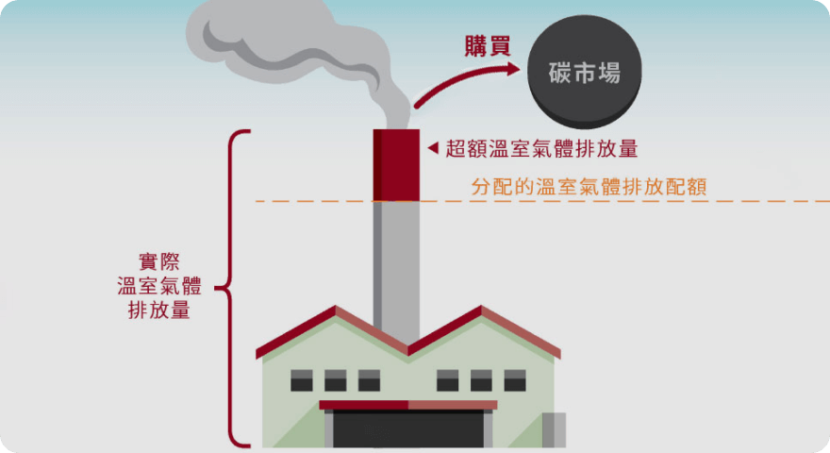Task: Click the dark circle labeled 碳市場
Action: pyautogui.click(x=585, y=72)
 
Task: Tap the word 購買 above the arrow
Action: pyautogui.click(x=488, y=45)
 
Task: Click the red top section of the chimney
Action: pyautogui.click(x=396, y=164)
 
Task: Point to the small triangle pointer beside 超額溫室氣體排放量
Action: pyautogui.click(x=433, y=148)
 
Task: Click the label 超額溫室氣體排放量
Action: pyautogui.click(x=541, y=148)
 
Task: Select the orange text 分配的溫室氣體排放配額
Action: pyautogui.click(x=589, y=186)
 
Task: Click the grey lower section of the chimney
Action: pyautogui.click(x=396, y=269)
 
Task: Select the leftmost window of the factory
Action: pyautogui.click(x=301, y=380)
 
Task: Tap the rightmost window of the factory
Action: pyautogui.click(x=514, y=380)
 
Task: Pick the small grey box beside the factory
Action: pyautogui.click(x=554, y=429)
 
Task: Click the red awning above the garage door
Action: pyautogui.click(x=407, y=405)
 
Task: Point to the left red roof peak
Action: pyautogui.click(x=334, y=312)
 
